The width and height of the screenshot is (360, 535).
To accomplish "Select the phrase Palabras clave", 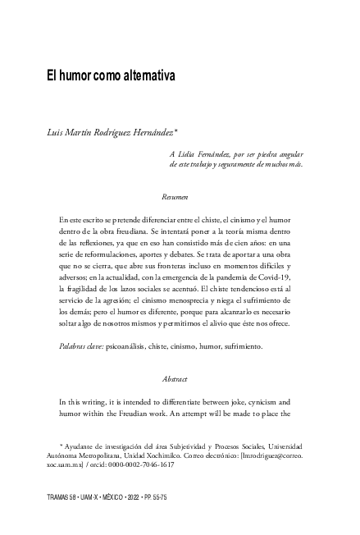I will click(81, 347).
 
